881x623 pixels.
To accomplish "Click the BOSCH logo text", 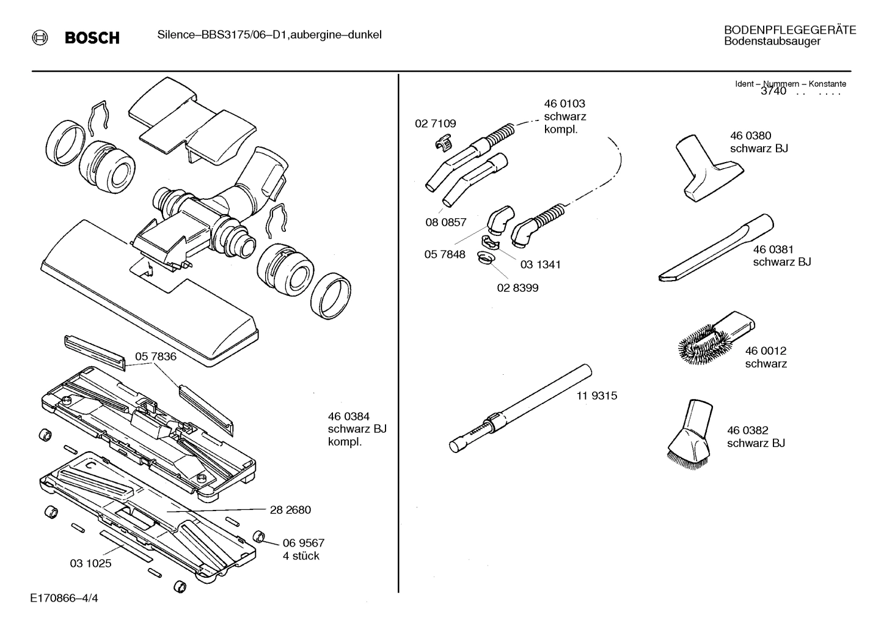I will (92, 38).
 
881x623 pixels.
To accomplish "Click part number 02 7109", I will (435, 123).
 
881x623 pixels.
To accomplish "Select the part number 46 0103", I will (565, 104).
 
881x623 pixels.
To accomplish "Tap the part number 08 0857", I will (446, 223).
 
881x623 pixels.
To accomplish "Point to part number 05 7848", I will (445, 254).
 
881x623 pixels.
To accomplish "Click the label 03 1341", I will (540, 265).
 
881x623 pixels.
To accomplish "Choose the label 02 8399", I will (517, 288).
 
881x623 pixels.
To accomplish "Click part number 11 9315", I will (596, 396).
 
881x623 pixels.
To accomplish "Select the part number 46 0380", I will (750, 136).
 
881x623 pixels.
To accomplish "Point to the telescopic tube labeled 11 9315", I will (519, 407).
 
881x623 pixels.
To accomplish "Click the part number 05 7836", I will (156, 356).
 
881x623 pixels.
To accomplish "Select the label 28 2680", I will (290, 510).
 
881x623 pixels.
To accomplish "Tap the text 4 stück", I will (301, 556).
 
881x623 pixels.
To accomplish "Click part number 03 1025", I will (90, 563).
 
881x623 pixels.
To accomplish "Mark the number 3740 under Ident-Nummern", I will (773, 92).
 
